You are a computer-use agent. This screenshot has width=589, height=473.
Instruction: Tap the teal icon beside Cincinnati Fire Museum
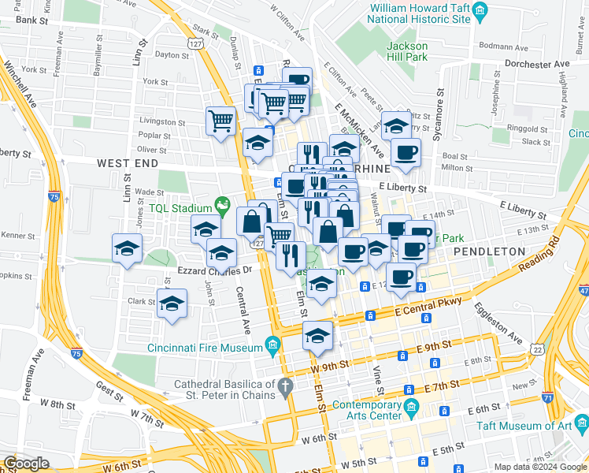coord(273,345)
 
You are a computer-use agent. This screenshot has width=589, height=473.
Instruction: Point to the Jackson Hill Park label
coord(406,51)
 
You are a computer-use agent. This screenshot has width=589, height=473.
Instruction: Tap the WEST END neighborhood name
coord(128,163)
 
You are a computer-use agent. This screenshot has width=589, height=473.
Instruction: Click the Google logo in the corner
coord(26,464)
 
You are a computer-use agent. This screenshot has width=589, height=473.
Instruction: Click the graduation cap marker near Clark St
coord(172,304)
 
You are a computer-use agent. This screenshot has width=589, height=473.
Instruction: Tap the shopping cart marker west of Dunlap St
coord(221,121)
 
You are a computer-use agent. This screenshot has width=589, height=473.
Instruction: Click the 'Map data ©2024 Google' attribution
coord(540,466)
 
